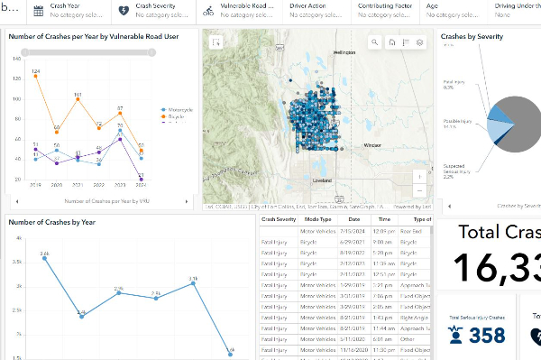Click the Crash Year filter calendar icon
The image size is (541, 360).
point(38,11)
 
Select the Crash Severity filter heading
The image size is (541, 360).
point(155,5)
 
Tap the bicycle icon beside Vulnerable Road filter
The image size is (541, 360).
point(208,11)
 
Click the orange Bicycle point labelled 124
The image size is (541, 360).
point(35,77)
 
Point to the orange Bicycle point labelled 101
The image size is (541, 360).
point(78,100)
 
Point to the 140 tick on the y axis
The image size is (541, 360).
point(16,58)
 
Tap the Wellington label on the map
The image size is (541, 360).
point(344,52)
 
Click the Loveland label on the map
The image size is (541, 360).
point(321,180)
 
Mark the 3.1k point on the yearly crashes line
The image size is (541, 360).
point(193,283)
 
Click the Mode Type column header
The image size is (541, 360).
point(317,219)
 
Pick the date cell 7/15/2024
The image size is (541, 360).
point(353,233)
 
